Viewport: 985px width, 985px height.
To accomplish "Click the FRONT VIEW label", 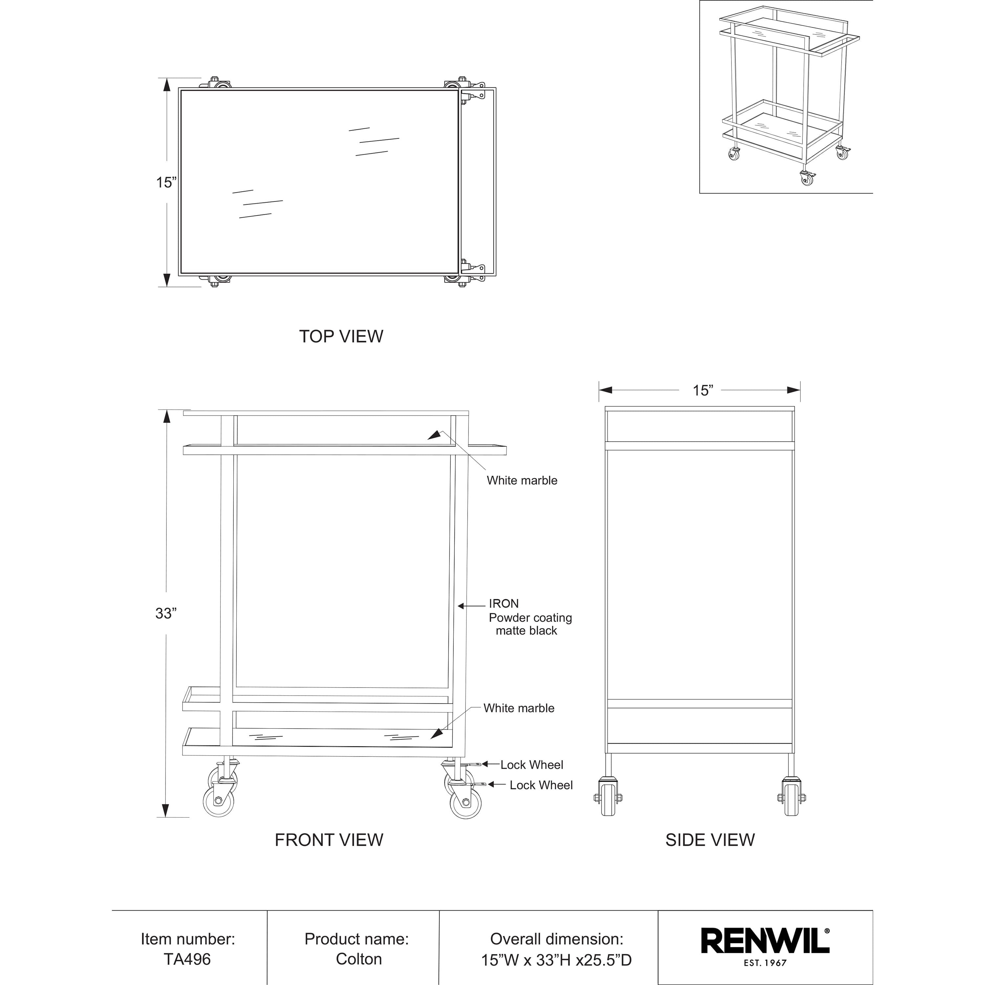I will [329, 840].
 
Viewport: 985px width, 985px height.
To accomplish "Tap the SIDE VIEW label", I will [710, 840].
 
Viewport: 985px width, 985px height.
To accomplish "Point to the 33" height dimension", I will [166, 613].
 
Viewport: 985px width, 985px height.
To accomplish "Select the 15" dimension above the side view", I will [703, 390].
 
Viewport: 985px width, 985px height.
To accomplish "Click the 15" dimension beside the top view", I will [166, 183].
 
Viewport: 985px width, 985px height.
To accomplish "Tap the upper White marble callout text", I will [522, 480].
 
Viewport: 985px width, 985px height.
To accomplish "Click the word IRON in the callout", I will [504, 604].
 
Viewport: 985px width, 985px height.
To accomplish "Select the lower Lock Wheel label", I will [541, 785].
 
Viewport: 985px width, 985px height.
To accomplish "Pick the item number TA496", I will [187, 959].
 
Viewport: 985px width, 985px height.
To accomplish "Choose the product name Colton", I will [359, 959].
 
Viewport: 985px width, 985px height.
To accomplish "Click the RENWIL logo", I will [765, 941].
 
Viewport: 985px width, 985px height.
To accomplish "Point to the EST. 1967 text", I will [765, 963].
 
